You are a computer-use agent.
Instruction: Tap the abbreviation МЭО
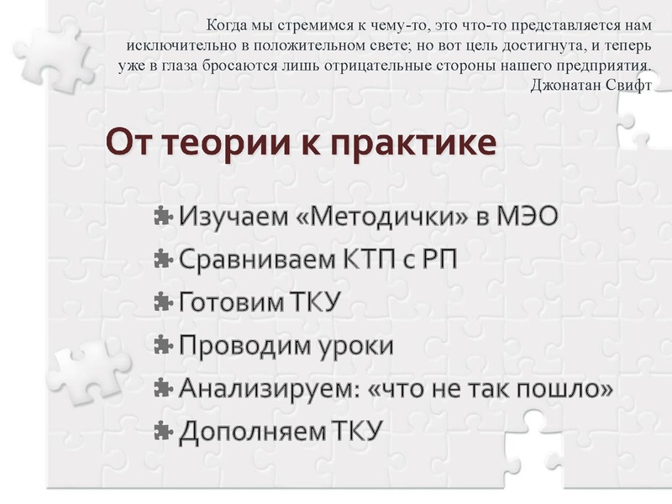pos(528,216)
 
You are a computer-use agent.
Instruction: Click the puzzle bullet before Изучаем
pos(164,216)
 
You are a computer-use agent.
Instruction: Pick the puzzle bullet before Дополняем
pos(164,433)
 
